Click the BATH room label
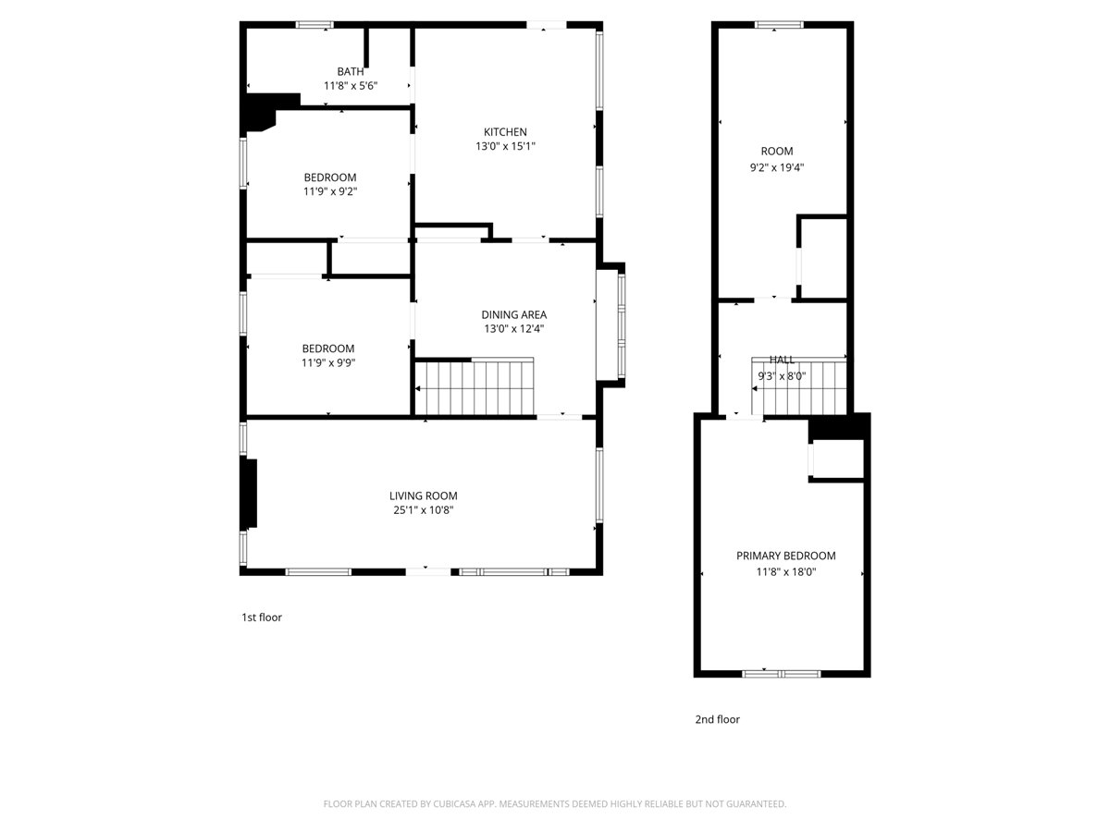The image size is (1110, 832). coord(351,71)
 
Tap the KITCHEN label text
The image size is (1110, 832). coord(505,132)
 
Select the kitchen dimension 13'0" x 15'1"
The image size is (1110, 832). coord(505,146)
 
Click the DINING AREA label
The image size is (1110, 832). coord(513,314)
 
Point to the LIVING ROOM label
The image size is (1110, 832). coord(423,496)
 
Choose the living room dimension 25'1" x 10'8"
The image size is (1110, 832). coord(423,509)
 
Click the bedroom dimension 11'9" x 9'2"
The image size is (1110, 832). coord(329,191)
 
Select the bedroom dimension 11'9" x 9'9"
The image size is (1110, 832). coord(327,362)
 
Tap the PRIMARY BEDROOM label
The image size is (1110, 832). coord(785,556)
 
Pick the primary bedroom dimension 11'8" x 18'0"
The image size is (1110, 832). coord(785,571)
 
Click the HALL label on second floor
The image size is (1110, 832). coord(782,359)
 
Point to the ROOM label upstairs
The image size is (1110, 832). coord(776,152)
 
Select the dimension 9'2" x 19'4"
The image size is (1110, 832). coord(776,167)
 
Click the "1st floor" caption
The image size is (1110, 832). coord(262,618)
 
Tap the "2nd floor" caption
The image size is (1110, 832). coord(717,719)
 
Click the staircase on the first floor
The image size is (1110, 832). coord(475,388)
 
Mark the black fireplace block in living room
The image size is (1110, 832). coord(248,493)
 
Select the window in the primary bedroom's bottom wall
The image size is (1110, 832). coord(782,673)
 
